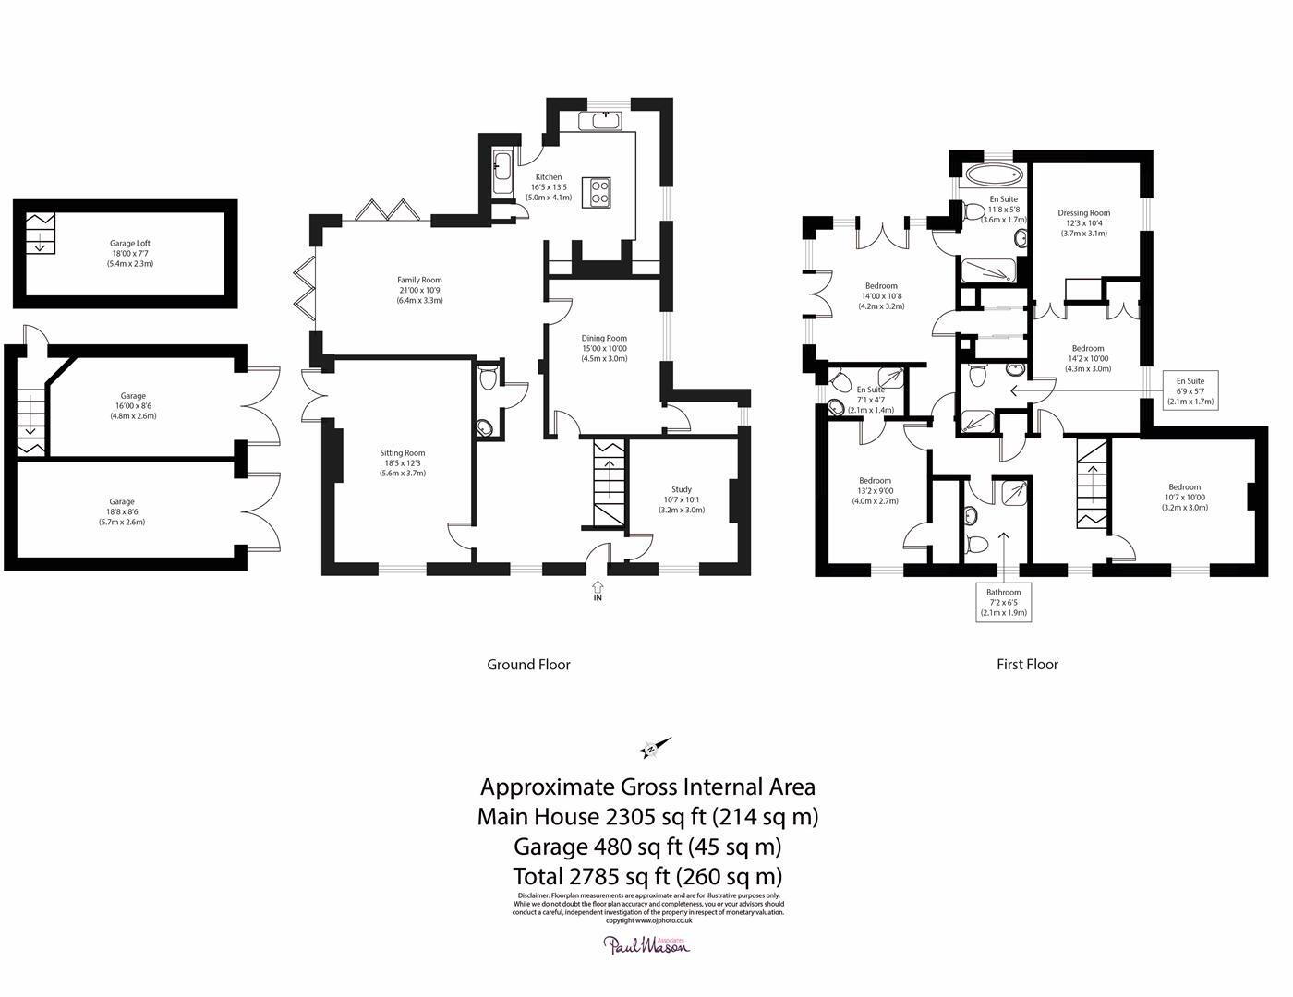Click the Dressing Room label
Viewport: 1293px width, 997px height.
pyautogui.click(x=1083, y=222)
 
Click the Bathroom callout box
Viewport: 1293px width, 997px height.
pyautogui.click(x=1003, y=602)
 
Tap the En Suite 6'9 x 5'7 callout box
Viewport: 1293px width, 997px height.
pyautogui.click(x=1190, y=391)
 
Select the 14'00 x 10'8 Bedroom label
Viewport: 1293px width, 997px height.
pyautogui.click(x=881, y=295)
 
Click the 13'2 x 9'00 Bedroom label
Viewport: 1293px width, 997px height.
pyautogui.click(x=875, y=490)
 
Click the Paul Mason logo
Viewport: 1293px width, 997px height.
pyautogui.click(x=646, y=943)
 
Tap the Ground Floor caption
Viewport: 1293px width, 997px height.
pyautogui.click(x=528, y=665)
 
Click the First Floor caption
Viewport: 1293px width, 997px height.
pyautogui.click(x=1027, y=665)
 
